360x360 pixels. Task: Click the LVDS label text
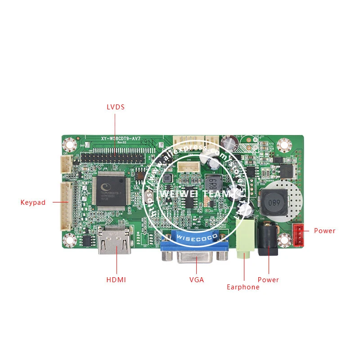point(115,107)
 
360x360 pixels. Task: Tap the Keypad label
point(33,202)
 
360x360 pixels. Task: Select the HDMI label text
point(116,279)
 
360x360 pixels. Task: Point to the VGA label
point(197,279)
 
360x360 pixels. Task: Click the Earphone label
point(243,287)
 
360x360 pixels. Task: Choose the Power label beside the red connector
point(324,231)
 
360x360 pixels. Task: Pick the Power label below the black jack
point(268,279)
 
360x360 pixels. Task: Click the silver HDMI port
point(115,243)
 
